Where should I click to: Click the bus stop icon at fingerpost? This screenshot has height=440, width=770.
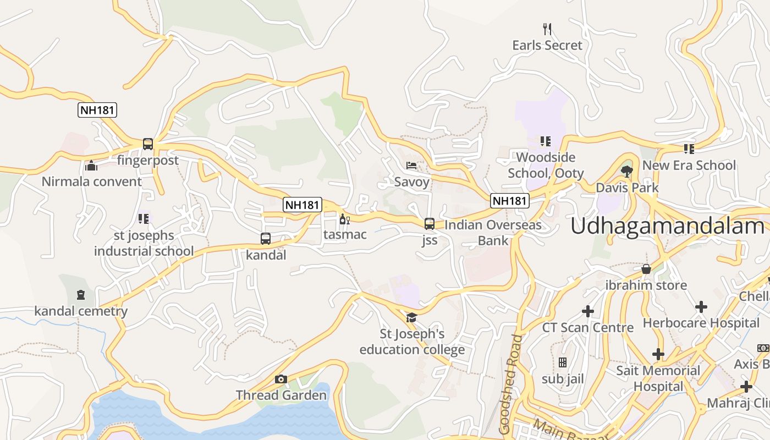coord(147,144)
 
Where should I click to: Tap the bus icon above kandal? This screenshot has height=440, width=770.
coord(266,239)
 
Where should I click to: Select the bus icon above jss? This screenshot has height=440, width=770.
coord(430,224)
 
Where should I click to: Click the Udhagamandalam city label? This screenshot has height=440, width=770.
coord(667,226)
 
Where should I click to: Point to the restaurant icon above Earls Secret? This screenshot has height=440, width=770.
coord(547,29)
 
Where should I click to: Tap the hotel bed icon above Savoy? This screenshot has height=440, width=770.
coord(411,165)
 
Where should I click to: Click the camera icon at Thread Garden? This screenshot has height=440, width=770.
coord(281,379)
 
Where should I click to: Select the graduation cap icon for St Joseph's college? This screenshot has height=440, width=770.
coord(411,317)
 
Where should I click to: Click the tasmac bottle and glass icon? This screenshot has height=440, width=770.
coord(345,219)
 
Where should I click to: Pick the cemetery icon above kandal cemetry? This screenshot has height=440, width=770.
coord(81,295)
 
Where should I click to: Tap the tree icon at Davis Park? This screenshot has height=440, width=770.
coord(626,171)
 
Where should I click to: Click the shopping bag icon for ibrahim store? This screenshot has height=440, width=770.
coord(646,269)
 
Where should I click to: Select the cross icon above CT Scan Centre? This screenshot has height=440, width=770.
coord(588,311)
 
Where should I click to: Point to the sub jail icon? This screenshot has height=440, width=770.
coord(562,362)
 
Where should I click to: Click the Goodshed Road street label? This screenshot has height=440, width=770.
coord(509,385)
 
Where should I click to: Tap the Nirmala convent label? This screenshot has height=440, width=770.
coord(92,182)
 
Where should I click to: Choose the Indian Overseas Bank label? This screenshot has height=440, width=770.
coord(493,233)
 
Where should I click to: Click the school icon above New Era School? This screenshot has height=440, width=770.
coord(689,148)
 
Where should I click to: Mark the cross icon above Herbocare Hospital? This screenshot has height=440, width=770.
coord(701,306)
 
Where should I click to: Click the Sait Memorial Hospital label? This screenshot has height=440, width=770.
coord(658,378)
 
